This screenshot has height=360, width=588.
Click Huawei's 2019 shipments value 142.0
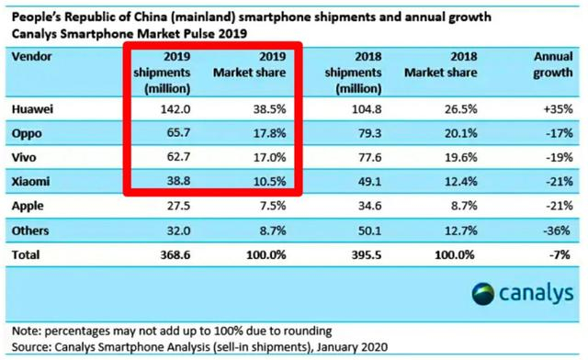click(x=175, y=109)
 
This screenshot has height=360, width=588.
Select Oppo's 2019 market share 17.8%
click(x=269, y=133)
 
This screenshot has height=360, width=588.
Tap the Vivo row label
click(x=24, y=157)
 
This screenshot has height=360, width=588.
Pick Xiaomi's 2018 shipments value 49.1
click(x=369, y=182)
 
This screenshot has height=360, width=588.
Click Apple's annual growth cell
click(x=560, y=206)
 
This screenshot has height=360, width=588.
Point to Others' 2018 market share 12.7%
click(x=461, y=231)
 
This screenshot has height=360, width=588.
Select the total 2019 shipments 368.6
click(x=175, y=255)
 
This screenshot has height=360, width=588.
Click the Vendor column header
click(x=32, y=57)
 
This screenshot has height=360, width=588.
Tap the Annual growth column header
click(x=553, y=64)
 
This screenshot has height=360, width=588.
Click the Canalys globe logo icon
click(x=482, y=294)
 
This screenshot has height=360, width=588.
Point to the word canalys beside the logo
click(x=537, y=293)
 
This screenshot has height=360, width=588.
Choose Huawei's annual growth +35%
click(x=559, y=109)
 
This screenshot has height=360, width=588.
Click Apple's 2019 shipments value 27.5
click(x=178, y=206)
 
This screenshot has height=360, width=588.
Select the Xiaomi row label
click(x=30, y=182)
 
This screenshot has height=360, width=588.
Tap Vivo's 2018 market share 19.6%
click(x=461, y=157)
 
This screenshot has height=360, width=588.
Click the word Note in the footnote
click(x=27, y=332)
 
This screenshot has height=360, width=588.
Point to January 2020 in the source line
click(x=352, y=347)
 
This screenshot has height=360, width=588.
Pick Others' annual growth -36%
click(x=557, y=231)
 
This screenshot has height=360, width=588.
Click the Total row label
click(x=26, y=255)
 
